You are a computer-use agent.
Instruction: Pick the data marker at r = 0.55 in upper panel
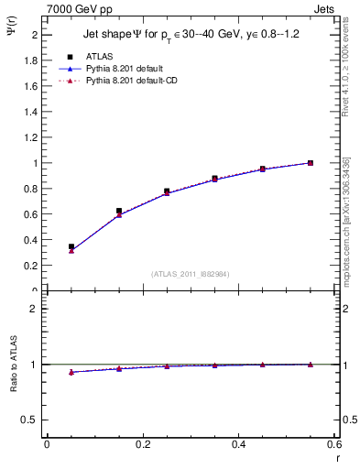(x=311, y=163)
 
